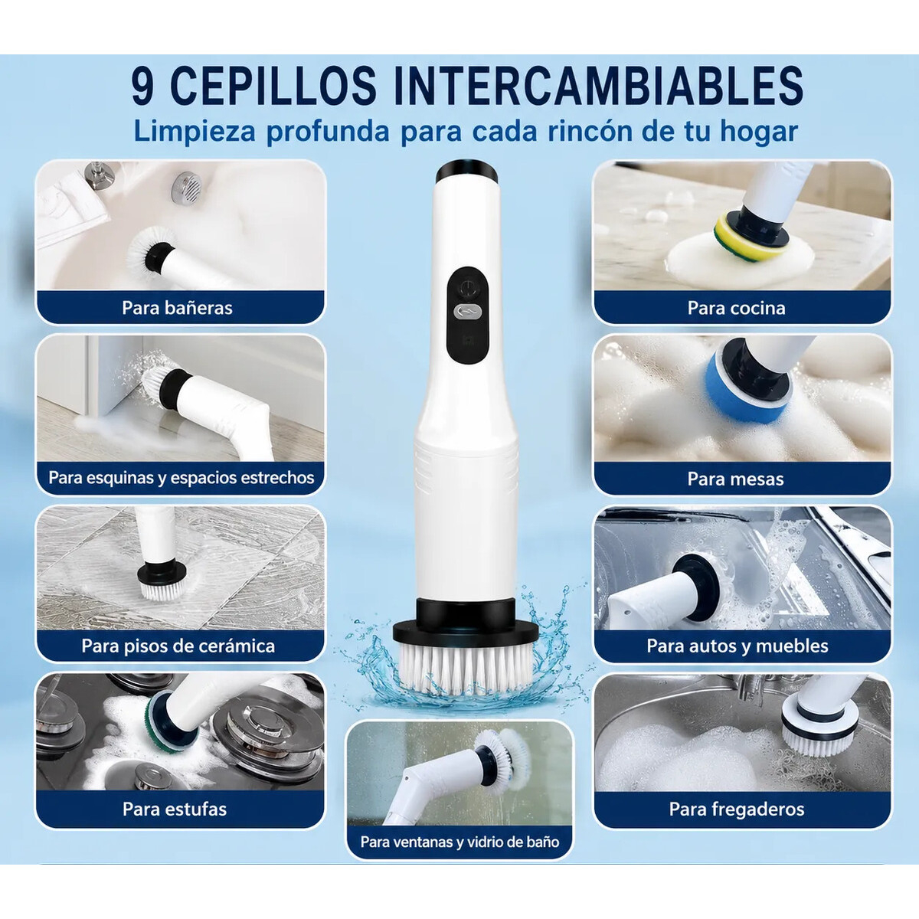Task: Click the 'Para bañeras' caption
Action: (177, 308)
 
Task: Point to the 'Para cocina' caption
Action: (736, 308)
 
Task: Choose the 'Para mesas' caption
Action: (735, 479)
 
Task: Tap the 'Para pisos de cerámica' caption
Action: (178, 646)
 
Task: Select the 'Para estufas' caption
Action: (175, 809)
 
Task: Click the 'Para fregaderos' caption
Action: (736, 809)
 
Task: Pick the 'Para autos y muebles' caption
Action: (737, 646)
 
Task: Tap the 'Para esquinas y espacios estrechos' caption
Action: (182, 478)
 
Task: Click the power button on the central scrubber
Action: (468, 287)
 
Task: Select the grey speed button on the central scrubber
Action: (467, 312)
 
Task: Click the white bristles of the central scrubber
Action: (465, 668)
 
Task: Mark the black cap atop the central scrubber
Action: (466, 172)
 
